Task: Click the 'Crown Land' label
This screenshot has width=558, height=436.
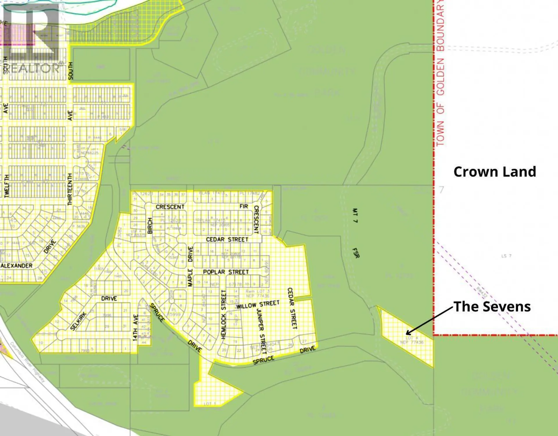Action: pyautogui.click(x=495, y=172)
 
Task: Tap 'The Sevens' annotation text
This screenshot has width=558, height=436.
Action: pyautogui.click(x=492, y=307)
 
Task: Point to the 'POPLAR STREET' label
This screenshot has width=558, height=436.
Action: pyautogui.click(x=226, y=272)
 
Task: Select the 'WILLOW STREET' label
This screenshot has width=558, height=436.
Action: pyautogui.click(x=258, y=305)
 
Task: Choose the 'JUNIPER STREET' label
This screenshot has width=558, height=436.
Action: pyautogui.click(x=261, y=331)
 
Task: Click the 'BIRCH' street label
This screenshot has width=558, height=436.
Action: pyautogui.click(x=150, y=226)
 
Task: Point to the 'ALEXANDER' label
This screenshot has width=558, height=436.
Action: pyautogui.click(x=17, y=266)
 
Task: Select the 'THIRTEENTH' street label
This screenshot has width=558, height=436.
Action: pyautogui.click(x=70, y=189)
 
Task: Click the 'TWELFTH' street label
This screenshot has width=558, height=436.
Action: pyautogui.click(x=7, y=186)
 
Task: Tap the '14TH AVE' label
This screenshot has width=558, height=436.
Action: pyautogui.click(x=135, y=328)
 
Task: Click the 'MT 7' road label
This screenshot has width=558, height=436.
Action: pyautogui.click(x=355, y=215)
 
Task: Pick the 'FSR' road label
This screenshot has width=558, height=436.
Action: pyautogui.click(x=356, y=253)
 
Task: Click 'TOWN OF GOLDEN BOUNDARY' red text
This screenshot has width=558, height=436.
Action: pyautogui.click(x=440, y=73)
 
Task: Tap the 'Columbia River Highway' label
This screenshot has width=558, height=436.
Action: pyautogui.click(x=28, y=362)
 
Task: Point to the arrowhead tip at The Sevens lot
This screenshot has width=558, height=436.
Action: pyautogui.click(x=406, y=334)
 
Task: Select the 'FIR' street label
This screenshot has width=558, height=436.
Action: pyautogui.click(x=244, y=206)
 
